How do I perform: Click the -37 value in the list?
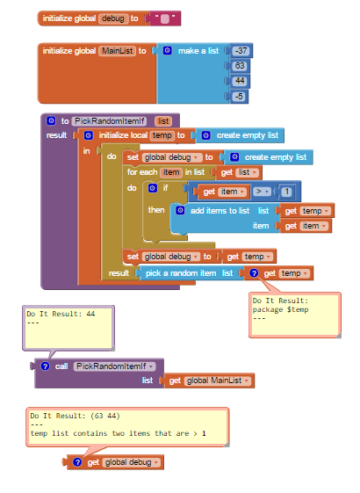pos(241,51)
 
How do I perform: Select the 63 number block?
pos(240,66)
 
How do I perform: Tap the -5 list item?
pos(239,96)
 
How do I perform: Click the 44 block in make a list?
pos(240,81)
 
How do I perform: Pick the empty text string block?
pos(165,18)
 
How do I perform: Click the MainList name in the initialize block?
pos(117,51)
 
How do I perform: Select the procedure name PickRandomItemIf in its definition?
pos(110,121)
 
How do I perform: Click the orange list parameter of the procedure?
pos(163,121)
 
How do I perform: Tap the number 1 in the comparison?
pos(286,192)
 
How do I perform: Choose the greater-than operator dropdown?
pos(262,192)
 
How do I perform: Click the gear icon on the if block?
pos(153,188)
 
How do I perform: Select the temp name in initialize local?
pos(162,135)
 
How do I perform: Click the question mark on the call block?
pos(45,366)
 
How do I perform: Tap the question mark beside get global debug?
pos(77,462)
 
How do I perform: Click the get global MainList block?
pos(209,381)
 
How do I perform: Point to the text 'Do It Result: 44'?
pos(61,314)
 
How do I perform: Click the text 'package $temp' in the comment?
pos(280,309)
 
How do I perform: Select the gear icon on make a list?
pos(168,51)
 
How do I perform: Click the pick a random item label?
pos(181,273)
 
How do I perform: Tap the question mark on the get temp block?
pos(254,273)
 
